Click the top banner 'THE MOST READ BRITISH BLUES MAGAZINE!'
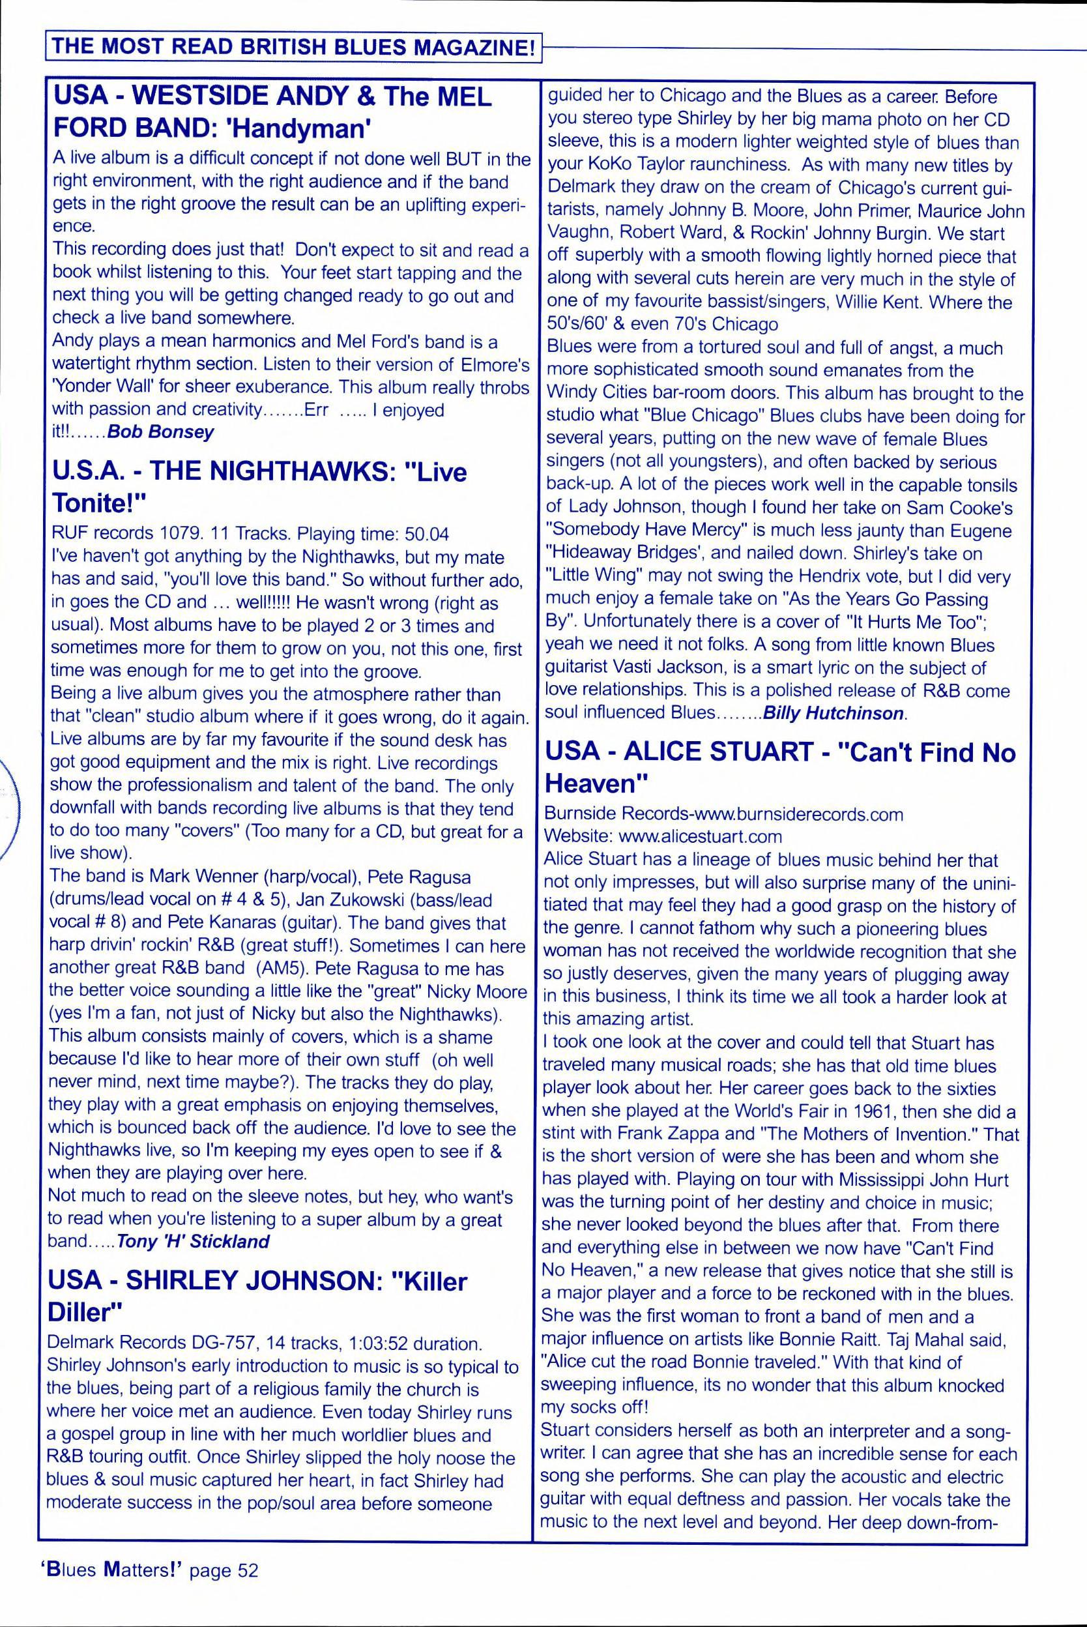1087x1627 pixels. pos(293,48)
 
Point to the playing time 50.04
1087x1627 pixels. pos(426,534)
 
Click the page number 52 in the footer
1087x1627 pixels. pos(248,1570)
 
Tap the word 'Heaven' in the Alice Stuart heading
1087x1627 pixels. pos(595,784)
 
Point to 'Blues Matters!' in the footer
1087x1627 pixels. pos(109,1570)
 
